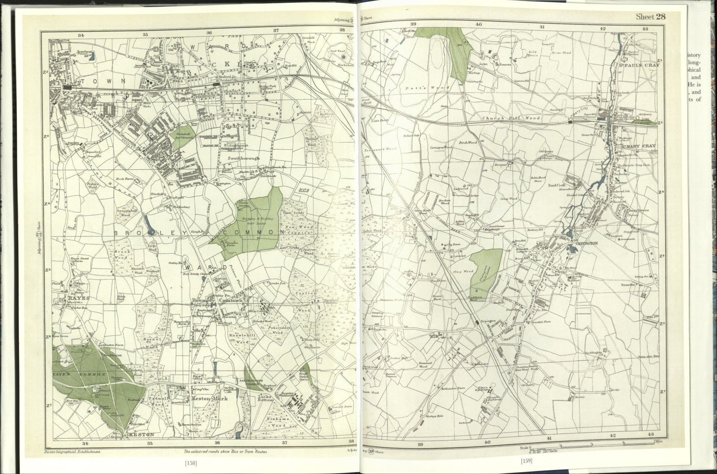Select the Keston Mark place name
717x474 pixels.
pyautogui.click(x=204, y=399)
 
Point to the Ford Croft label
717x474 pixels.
pyautogui.click(x=557, y=185)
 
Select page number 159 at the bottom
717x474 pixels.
pyautogui.click(x=527, y=461)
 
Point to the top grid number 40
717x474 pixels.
pyautogui.click(x=478, y=25)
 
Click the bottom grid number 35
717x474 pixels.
pyautogui.click(x=150, y=443)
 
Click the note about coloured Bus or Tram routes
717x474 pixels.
pyautogui.click(x=225, y=451)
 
